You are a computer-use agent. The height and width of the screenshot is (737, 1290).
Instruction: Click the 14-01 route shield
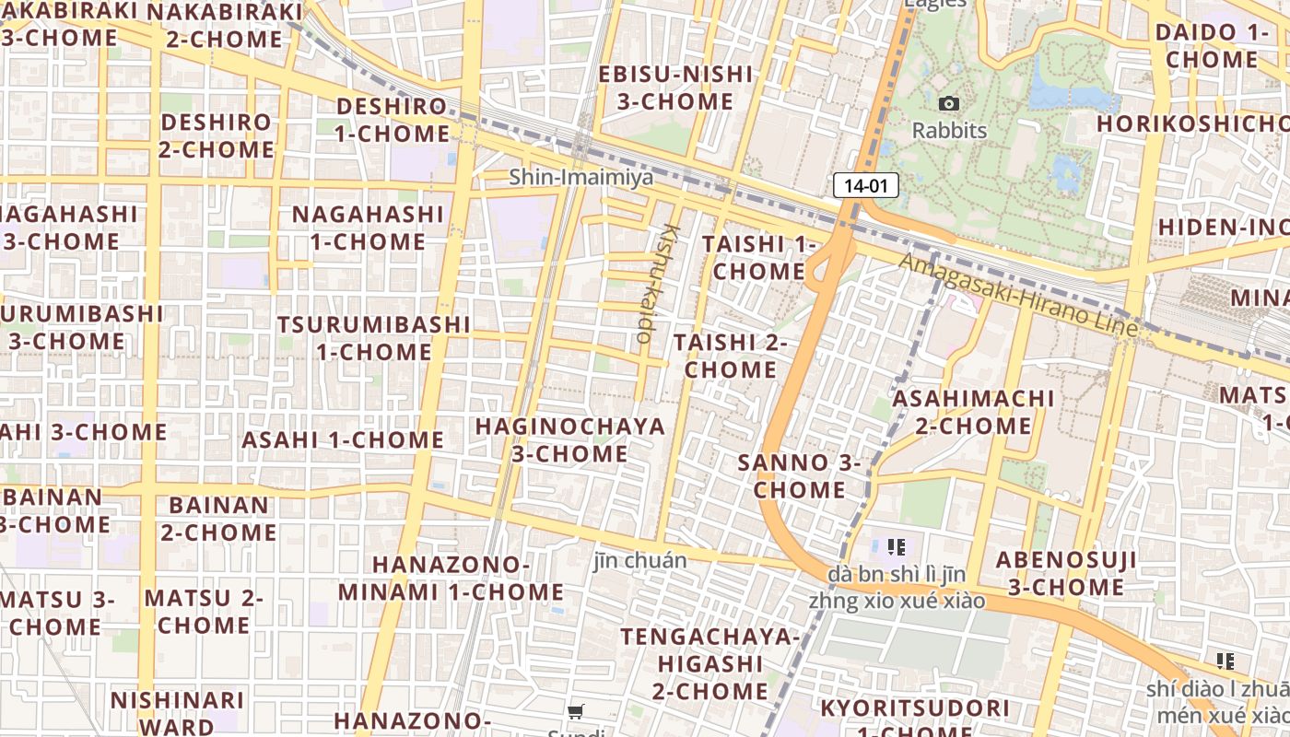[x=865, y=186]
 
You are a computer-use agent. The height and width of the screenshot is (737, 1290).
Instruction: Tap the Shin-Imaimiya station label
[x=581, y=177]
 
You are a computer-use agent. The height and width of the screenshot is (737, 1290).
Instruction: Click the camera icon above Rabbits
[x=949, y=104]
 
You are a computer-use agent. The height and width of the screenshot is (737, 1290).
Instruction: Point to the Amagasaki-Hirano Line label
[x=1018, y=296]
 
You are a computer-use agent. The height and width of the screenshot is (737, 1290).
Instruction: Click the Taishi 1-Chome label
[x=759, y=258]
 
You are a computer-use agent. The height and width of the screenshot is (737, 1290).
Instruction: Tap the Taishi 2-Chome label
[x=731, y=356]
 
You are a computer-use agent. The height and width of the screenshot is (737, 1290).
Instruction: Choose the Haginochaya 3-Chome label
[x=569, y=440]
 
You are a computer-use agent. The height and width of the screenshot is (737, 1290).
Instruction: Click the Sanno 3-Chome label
[x=799, y=476]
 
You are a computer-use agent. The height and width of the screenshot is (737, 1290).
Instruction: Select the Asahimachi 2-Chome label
[x=974, y=412]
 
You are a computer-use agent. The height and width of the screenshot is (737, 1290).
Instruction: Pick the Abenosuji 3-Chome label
[x=1066, y=573]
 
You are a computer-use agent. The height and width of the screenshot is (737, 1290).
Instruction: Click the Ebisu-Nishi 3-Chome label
[x=675, y=88]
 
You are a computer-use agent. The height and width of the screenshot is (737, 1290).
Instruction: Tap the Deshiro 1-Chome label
[x=393, y=120]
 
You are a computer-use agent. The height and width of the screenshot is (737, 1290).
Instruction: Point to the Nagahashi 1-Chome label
[x=368, y=228]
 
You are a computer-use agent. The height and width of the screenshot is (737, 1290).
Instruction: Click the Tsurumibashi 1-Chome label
[x=374, y=338]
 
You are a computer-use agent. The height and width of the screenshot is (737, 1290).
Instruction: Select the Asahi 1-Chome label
[x=343, y=440]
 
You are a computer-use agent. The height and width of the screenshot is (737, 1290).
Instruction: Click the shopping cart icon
[x=576, y=711]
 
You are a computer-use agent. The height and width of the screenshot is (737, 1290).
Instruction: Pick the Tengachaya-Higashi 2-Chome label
[x=710, y=663]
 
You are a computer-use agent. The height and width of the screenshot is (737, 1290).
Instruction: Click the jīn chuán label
[x=640, y=560]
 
